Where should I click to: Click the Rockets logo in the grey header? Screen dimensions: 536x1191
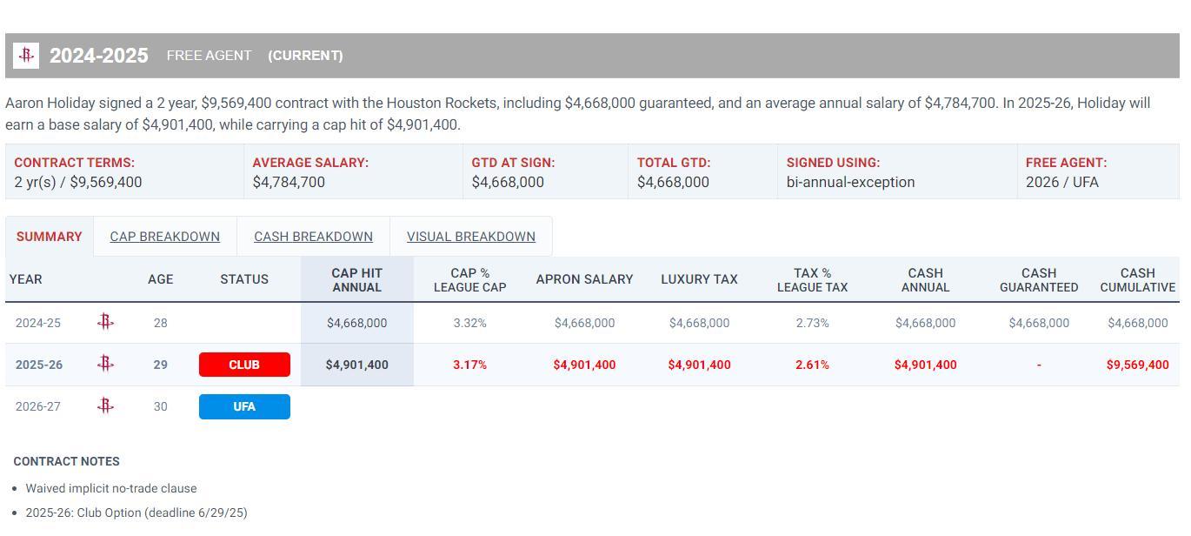26,56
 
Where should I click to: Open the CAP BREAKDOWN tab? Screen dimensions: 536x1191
164,237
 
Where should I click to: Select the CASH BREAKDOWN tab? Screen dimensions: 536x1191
313,237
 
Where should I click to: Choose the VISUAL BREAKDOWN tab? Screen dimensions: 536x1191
470,237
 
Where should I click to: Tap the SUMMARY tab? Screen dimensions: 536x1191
49,237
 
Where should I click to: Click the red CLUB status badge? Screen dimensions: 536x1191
244,365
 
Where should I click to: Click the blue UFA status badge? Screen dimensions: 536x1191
244,406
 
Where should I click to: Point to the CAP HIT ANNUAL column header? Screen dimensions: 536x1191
356,279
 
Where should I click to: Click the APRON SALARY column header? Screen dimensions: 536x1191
584,279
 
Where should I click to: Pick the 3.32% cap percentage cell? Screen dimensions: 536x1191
469,323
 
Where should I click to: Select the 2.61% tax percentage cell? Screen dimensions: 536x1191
812,365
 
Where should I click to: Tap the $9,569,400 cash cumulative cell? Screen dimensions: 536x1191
1137,365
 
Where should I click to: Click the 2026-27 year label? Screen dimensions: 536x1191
38,406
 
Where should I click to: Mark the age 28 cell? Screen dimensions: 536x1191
160,323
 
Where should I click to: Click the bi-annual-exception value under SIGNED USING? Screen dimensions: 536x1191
850,182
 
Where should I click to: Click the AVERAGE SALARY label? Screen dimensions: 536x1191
310,163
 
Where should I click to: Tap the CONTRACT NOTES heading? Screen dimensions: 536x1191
67,461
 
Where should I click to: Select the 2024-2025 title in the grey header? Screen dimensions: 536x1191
98,56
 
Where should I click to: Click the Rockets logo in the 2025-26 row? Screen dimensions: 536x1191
105,364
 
